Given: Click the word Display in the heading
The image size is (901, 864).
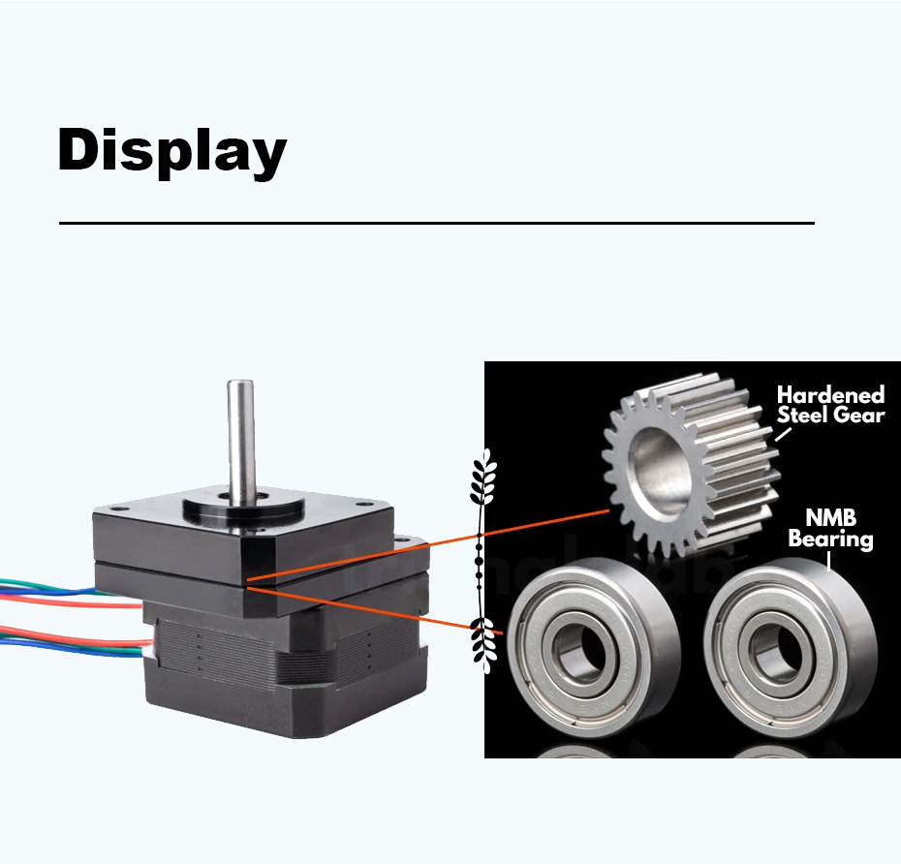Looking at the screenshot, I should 171,151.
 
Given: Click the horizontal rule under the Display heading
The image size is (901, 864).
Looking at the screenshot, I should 436,223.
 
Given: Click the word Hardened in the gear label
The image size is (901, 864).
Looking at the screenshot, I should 830,395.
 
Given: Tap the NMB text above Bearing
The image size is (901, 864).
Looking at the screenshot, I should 829,518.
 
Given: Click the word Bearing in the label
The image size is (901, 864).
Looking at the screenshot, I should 830,539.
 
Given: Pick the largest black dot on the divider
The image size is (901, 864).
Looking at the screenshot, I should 478,560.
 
